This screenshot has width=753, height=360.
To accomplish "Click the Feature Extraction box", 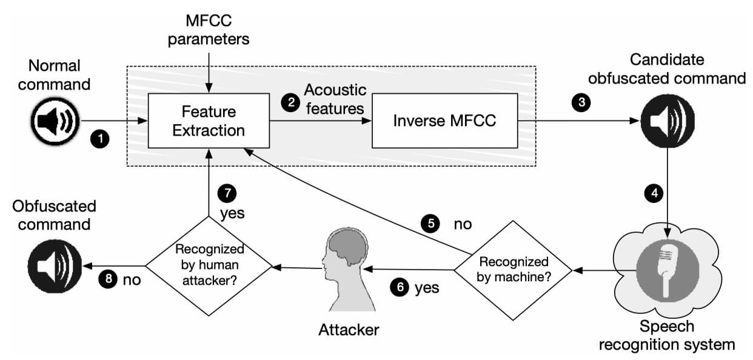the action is (x=209, y=121).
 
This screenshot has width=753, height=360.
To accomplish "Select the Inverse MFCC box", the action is (x=445, y=121).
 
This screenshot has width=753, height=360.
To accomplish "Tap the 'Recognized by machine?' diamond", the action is (x=513, y=270).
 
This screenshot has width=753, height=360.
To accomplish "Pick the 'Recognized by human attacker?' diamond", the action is (x=209, y=266).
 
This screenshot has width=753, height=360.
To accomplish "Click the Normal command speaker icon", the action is (x=55, y=121).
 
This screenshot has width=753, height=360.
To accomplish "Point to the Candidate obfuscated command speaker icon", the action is (x=668, y=121).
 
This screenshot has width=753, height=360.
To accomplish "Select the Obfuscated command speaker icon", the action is (x=55, y=266).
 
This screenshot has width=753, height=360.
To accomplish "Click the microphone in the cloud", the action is (x=668, y=270).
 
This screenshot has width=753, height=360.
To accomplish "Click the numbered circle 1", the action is (x=100, y=139).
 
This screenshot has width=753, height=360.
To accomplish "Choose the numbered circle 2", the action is (x=291, y=102).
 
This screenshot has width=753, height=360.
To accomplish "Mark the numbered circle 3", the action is (x=581, y=102).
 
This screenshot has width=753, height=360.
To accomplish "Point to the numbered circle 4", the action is (x=654, y=193).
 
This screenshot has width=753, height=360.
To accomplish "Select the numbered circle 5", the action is (x=430, y=224).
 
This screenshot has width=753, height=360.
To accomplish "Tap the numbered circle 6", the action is (x=400, y=287).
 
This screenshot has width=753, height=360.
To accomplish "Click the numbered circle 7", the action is (x=227, y=193).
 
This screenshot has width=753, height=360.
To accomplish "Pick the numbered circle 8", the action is (x=109, y=279).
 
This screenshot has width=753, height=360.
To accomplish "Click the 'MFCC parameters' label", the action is (x=209, y=30).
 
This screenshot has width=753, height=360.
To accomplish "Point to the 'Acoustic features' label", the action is (x=335, y=99).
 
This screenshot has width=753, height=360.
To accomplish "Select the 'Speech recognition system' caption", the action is (x=667, y=336).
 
